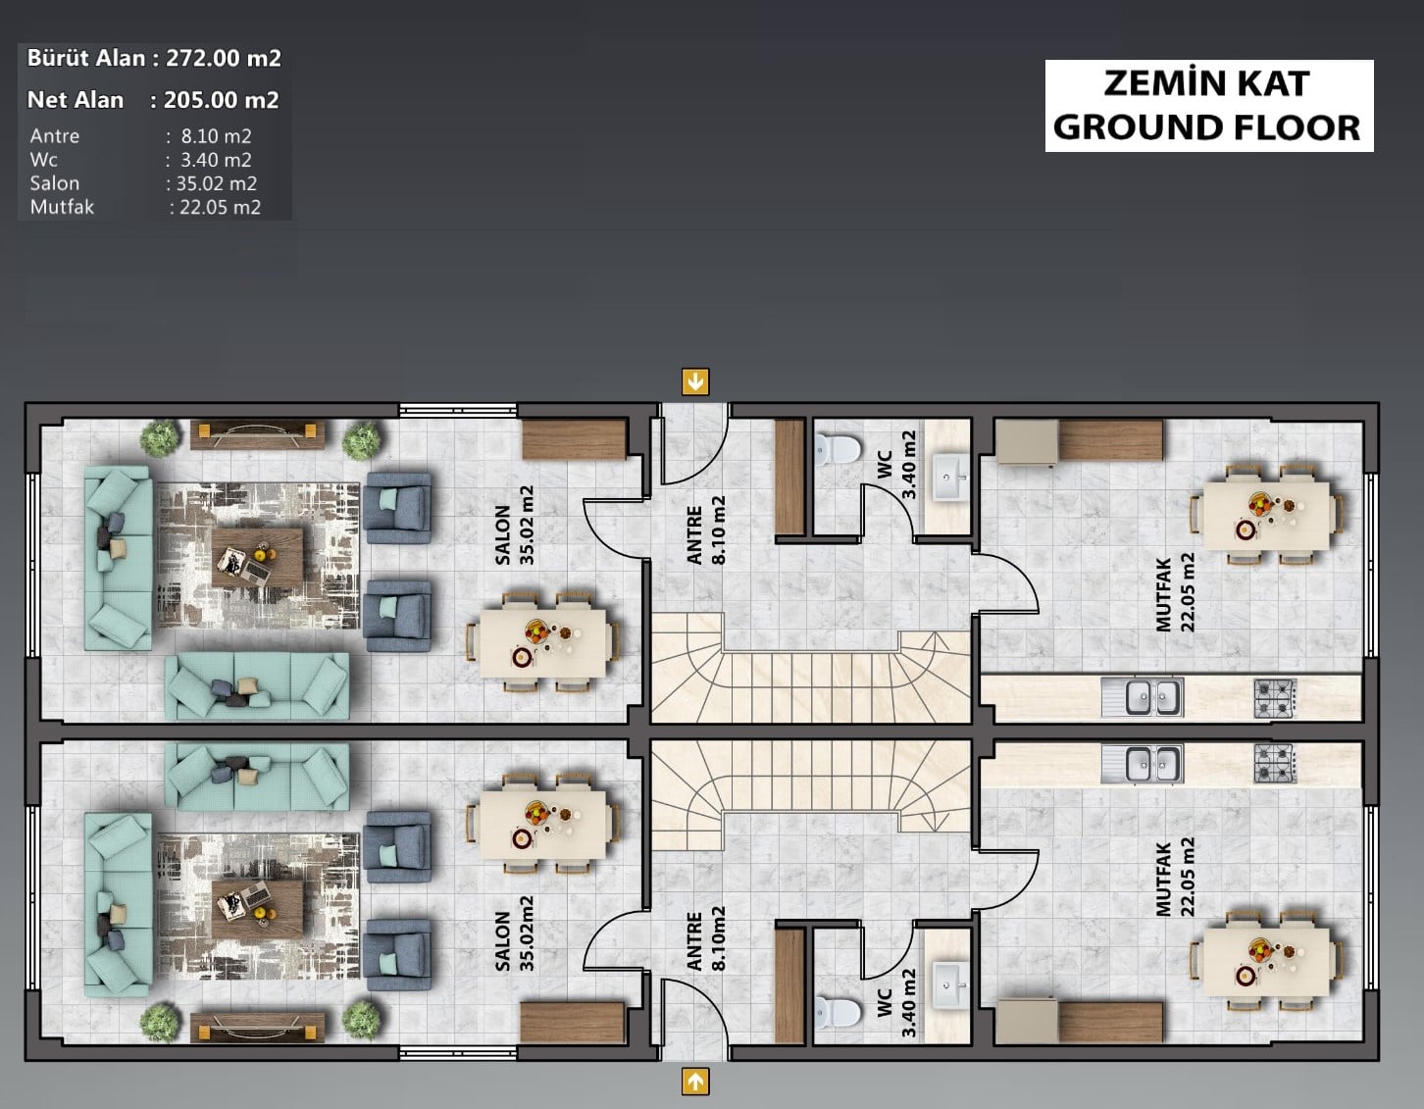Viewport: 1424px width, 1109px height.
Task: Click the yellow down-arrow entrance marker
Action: click(x=695, y=381)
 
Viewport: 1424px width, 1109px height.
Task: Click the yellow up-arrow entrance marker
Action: click(x=695, y=1081)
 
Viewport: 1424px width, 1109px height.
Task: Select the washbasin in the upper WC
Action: click(x=949, y=478)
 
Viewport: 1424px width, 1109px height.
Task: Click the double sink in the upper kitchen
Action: click(x=1143, y=697)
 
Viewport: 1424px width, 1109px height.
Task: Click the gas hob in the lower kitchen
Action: click(x=1275, y=763)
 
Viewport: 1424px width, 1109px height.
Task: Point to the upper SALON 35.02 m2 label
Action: click(x=515, y=526)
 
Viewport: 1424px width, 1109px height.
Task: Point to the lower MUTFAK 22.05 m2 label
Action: click(x=1175, y=877)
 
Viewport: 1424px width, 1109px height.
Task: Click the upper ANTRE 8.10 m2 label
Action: click(x=706, y=529)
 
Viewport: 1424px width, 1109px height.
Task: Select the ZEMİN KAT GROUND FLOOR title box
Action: click(x=1209, y=106)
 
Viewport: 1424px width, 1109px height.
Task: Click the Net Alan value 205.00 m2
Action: click(x=222, y=100)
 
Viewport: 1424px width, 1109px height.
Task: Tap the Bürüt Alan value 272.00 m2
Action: click(x=224, y=58)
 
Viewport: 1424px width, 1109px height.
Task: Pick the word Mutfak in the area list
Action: click(x=62, y=207)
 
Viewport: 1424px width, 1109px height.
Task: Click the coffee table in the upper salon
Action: click(x=257, y=558)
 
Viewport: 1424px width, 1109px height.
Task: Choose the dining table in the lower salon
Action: click(x=542, y=824)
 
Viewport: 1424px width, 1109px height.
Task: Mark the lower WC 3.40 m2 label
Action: click(x=896, y=1003)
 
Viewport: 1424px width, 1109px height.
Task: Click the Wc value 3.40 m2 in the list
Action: click(x=216, y=160)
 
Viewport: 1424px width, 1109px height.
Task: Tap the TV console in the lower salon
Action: click(x=258, y=1027)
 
